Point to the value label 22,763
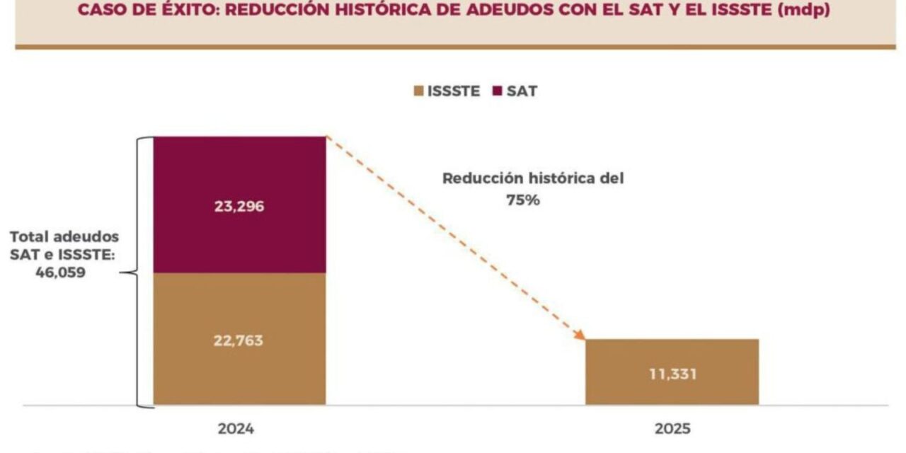[239, 340]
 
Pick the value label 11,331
[672, 374]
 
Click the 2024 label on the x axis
[236, 429]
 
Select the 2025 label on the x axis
[672, 429]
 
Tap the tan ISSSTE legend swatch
[418, 91]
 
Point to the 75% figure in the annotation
[523, 200]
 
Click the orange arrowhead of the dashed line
[580, 335]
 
